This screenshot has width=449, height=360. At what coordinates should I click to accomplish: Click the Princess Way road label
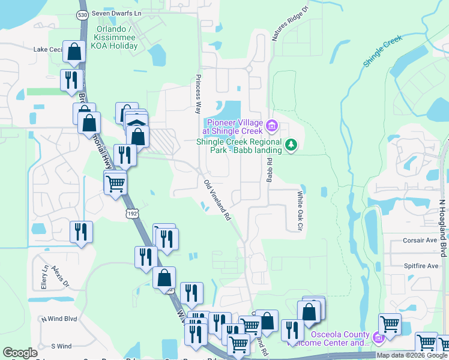(x=197, y=94)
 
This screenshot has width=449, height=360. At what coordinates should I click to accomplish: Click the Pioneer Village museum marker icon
(x=271, y=125)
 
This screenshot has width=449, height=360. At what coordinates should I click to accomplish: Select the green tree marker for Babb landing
(x=291, y=145)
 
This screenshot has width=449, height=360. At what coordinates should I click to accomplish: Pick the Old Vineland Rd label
(x=218, y=201)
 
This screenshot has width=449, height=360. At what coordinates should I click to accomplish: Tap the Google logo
(x=20, y=353)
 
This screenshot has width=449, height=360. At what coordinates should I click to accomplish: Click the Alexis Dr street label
(x=61, y=275)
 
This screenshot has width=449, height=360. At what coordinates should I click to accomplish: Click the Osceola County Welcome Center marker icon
(x=378, y=339)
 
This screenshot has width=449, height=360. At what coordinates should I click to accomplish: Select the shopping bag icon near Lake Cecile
(x=74, y=53)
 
